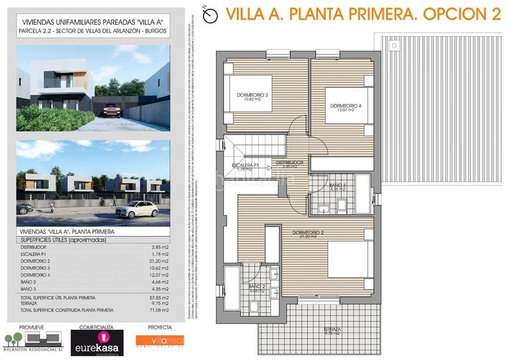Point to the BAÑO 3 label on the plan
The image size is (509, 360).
click(337, 185)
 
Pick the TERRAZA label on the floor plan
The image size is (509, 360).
click(331, 329)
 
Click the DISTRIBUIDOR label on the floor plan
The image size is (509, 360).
click(289, 163)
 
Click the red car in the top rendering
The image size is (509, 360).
click(112, 109)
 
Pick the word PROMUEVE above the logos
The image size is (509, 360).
click(32, 328)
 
